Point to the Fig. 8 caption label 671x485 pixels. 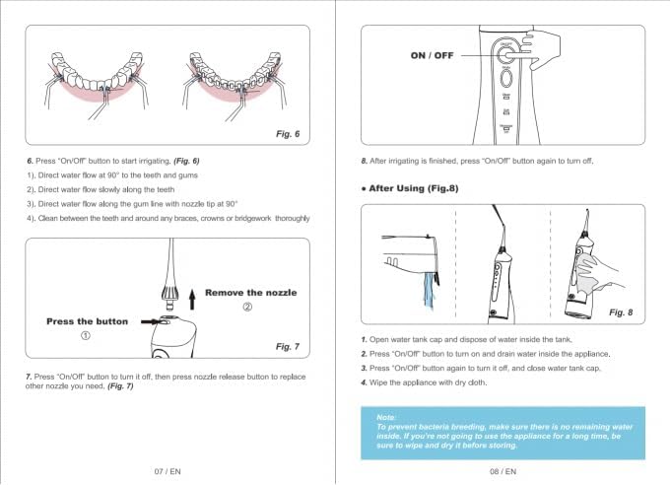(x=621, y=312)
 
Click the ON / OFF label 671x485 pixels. (x=432, y=56)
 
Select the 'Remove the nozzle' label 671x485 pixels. (x=250, y=293)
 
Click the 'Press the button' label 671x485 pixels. (x=87, y=321)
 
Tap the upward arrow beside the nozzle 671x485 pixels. (x=193, y=293)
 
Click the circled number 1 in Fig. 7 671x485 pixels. (x=86, y=335)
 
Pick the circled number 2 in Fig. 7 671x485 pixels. (x=247, y=307)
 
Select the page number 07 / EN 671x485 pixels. (x=167, y=471)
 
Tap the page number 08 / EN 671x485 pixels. (x=503, y=471)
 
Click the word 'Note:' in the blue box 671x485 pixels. (x=387, y=417)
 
